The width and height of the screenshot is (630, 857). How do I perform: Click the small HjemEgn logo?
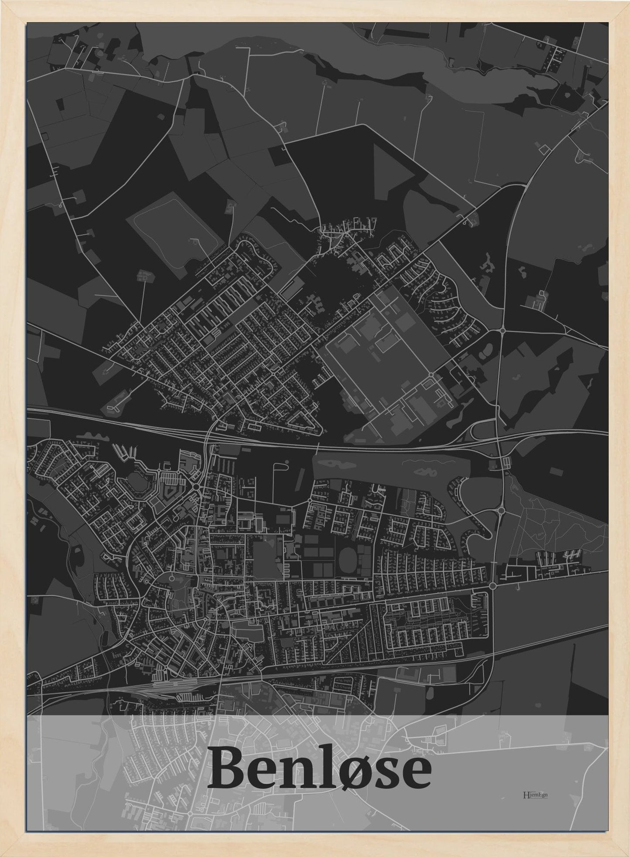(535, 794)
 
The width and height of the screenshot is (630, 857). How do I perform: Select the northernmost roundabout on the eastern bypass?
(503, 331)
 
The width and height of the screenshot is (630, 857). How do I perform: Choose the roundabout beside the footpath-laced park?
(501, 510)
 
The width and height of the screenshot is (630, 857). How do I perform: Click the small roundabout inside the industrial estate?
(431, 375)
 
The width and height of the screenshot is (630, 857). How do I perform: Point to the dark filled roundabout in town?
(197, 486)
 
